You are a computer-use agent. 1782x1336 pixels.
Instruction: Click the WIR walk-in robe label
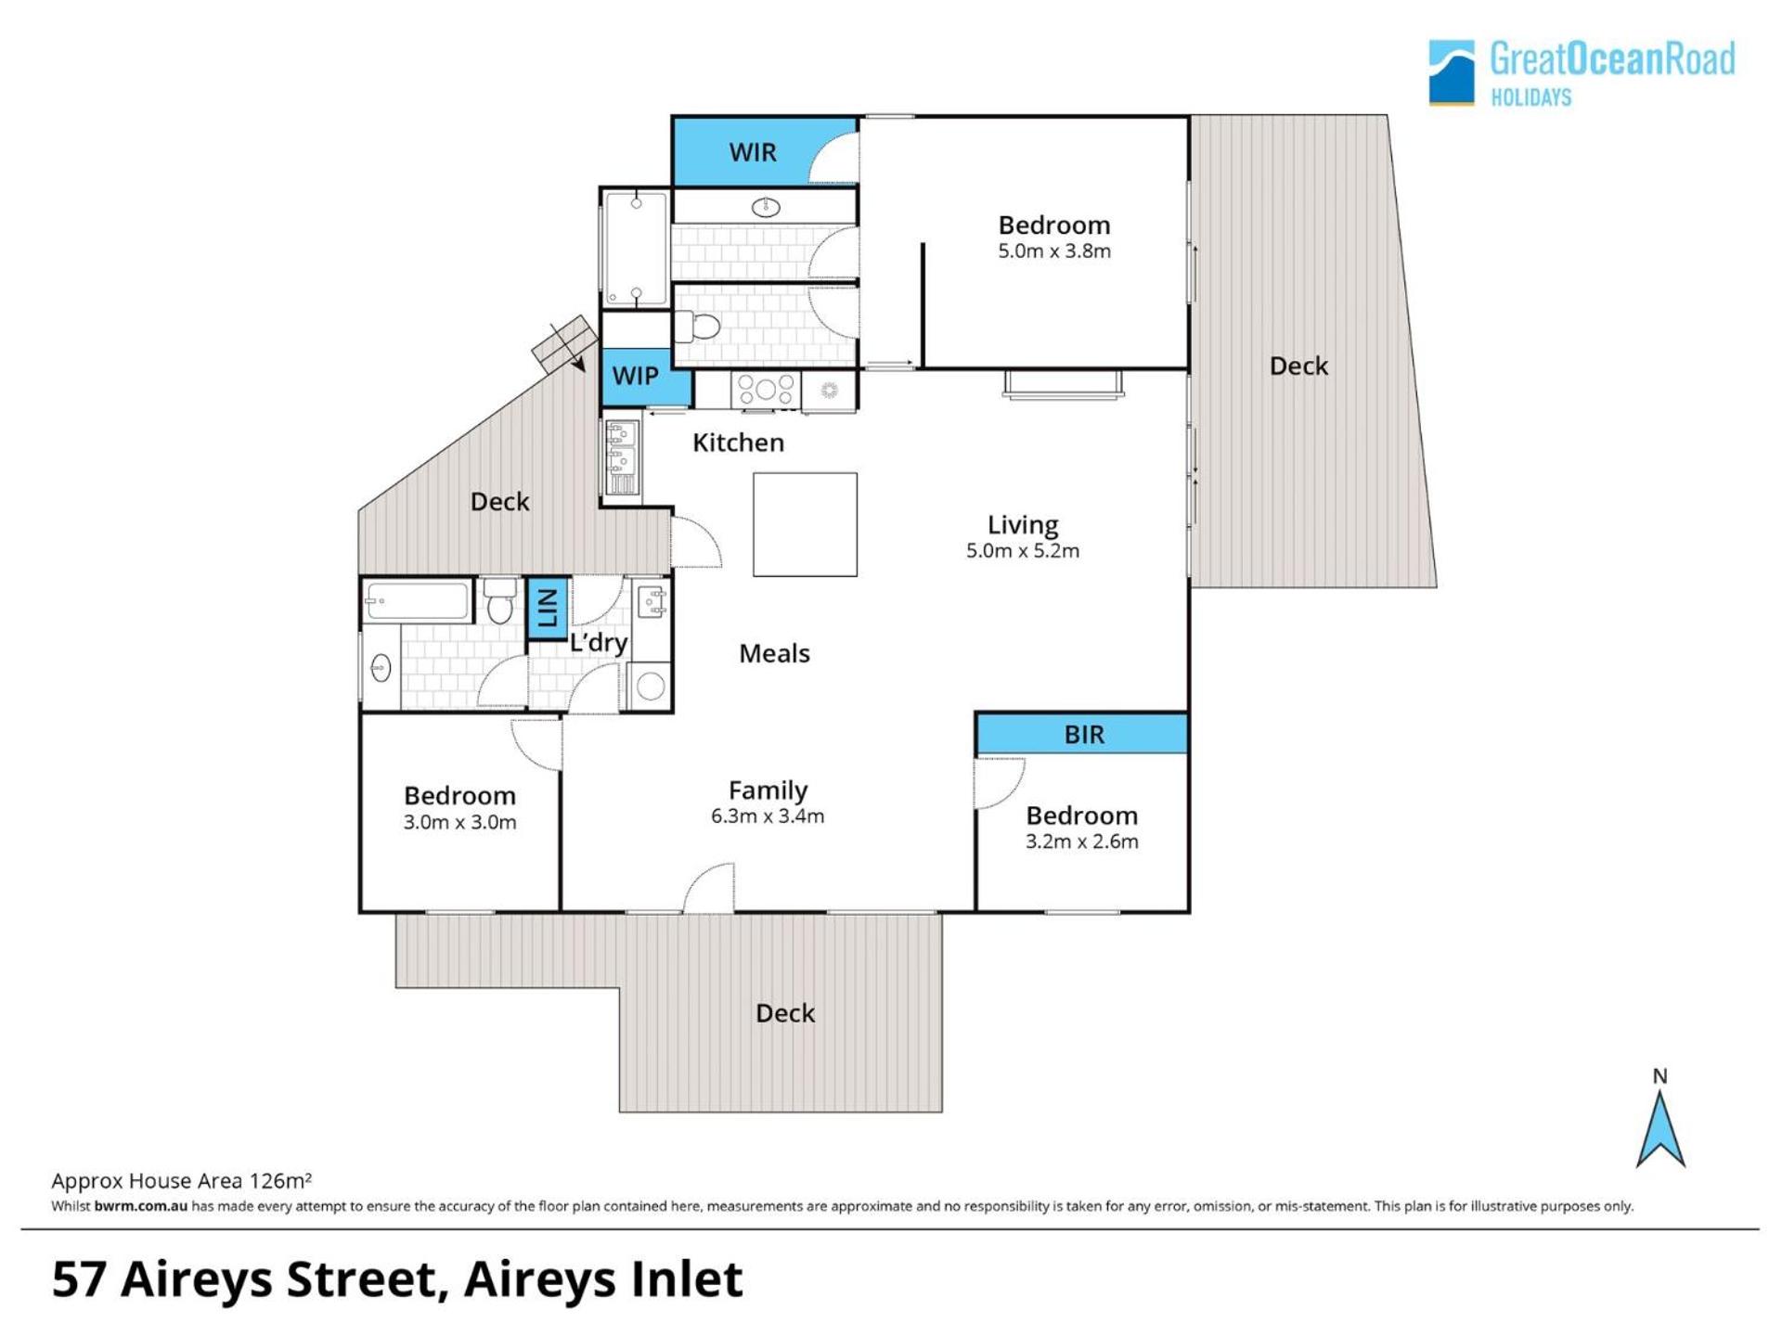point(753,152)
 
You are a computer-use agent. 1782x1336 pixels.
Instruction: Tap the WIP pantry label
point(636,376)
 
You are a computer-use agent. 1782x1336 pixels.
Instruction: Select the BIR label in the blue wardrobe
point(1084,735)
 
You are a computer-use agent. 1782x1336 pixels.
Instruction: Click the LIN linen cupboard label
point(548,608)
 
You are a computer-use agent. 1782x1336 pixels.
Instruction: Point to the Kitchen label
point(738,443)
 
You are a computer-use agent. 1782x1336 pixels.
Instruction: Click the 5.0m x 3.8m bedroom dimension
point(1054,250)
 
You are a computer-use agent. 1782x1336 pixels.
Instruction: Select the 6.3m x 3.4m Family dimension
point(768,816)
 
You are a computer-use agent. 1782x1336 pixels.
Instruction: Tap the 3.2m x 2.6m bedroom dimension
point(1082,841)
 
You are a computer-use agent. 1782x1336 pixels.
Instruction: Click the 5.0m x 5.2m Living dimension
point(1023,550)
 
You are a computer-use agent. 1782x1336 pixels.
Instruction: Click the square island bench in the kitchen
point(805,524)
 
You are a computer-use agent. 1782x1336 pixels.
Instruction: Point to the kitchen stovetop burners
point(765,390)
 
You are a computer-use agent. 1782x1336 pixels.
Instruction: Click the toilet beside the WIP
point(697,327)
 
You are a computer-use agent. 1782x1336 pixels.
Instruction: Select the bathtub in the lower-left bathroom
point(419,600)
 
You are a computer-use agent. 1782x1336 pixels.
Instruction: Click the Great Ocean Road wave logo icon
point(1452,71)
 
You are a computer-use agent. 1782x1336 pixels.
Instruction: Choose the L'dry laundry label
point(599,642)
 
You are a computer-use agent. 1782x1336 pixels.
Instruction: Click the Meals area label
point(774,653)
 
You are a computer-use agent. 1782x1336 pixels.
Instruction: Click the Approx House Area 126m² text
point(182,1181)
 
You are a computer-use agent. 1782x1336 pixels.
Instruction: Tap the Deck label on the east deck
point(1298,366)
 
